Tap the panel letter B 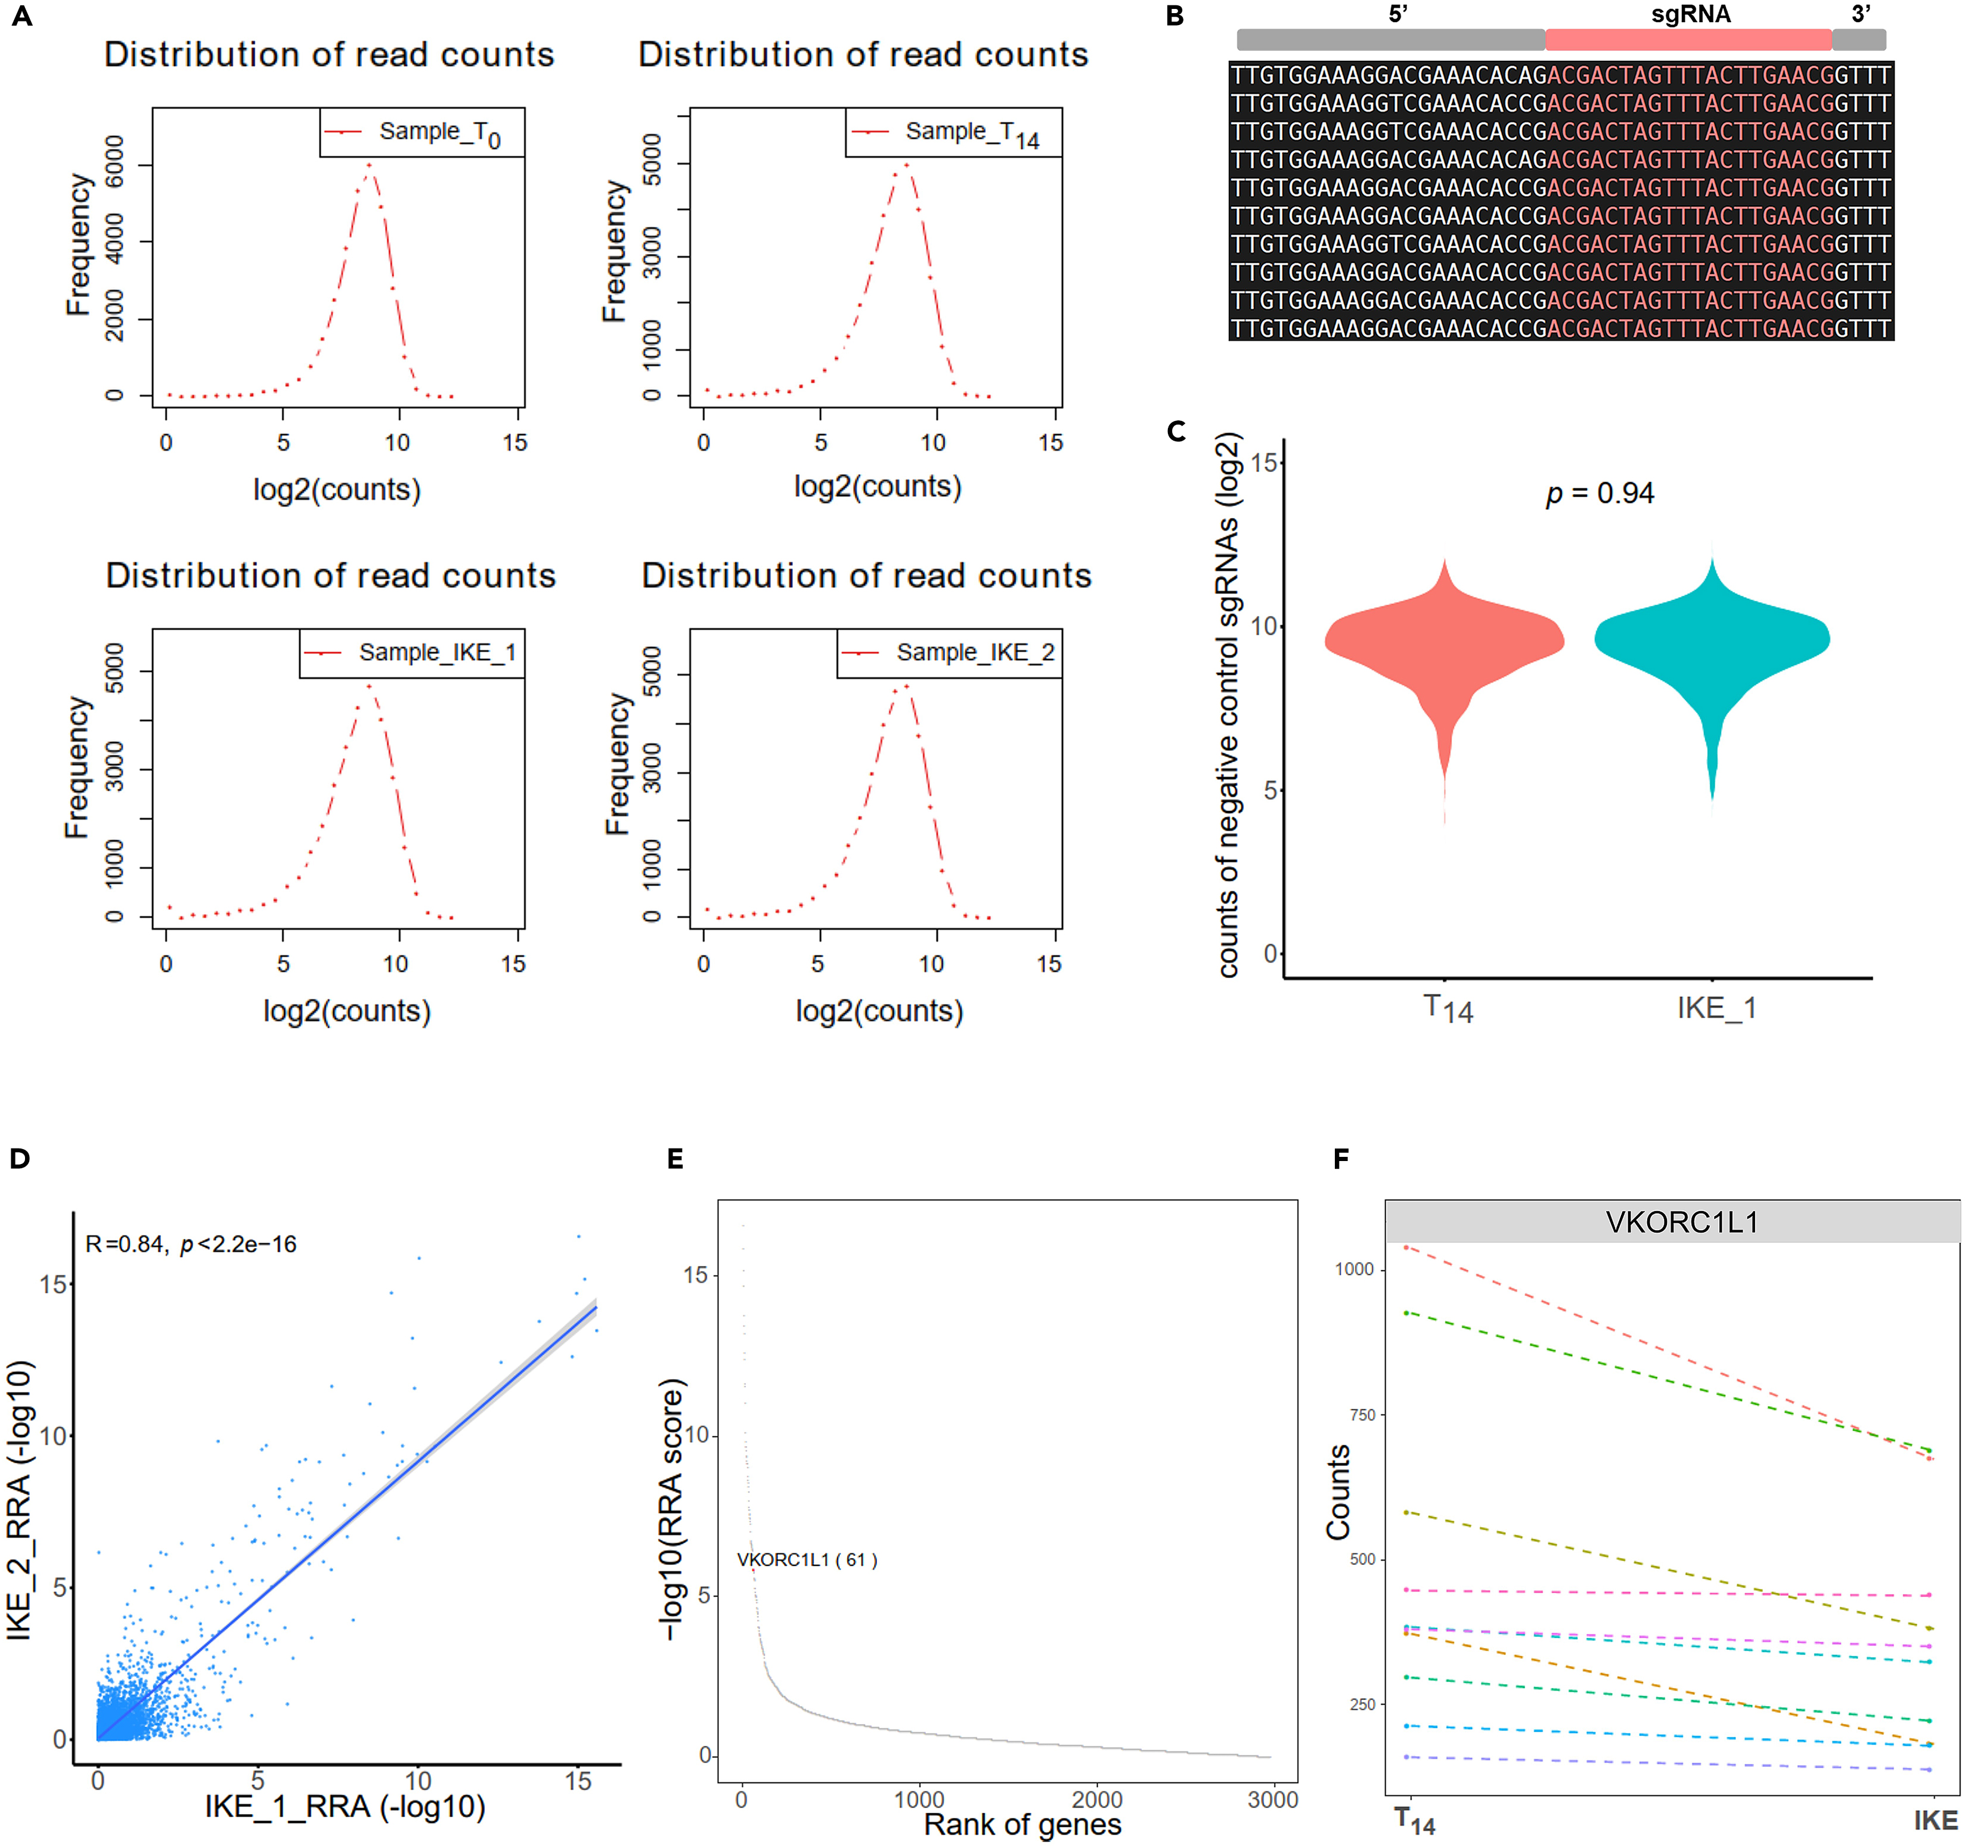(x=1174, y=17)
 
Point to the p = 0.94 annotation (x=1600, y=493)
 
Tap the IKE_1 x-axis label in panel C (x=1716, y=1008)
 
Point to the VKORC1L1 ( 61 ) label (x=807, y=1560)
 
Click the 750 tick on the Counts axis (x=1362, y=1415)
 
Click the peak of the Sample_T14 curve (x=906, y=164)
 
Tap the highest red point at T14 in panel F (x=1406, y=1248)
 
